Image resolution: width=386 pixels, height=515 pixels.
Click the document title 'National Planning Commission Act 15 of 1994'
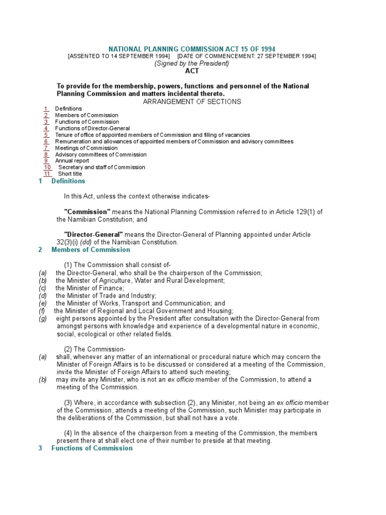click(x=192, y=49)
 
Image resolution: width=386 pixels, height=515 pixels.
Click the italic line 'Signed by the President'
click(x=192, y=64)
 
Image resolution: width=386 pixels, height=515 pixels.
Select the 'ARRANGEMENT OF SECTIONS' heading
click(x=192, y=102)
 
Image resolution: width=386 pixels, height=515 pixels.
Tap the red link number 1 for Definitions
click(x=46, y=109)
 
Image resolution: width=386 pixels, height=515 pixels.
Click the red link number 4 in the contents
click(x=46, y=128)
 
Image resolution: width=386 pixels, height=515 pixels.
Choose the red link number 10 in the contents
click(x=47, y=167)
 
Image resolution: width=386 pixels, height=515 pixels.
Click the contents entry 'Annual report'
click(x=72, y=161)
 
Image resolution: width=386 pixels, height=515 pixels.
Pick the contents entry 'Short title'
click(x=70, y=174)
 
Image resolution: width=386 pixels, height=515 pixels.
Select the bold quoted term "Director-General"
click(x=93, y=234)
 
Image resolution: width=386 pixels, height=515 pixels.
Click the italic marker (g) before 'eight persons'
click(x=43, y=319)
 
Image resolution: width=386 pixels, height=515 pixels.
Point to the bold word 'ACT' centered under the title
click(x=192, y=71)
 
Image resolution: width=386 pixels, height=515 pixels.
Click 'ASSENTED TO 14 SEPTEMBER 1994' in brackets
click(x=119, y=56)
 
